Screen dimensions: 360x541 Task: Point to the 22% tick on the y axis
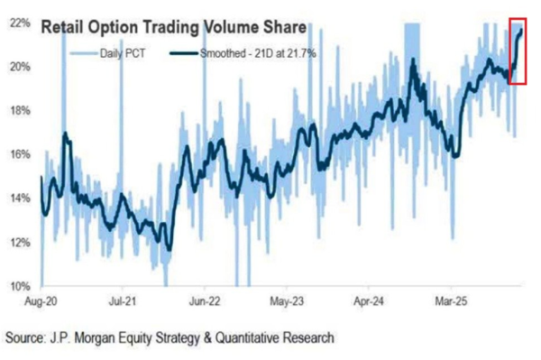pyautogui.click(x=21, y=23)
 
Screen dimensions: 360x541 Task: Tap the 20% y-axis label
pyautogui.click(x=21, y=67)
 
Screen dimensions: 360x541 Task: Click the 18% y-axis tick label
pyautogui.click(x=21, y=111)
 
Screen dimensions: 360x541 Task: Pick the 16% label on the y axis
pyautogui.click(x=21, y=154)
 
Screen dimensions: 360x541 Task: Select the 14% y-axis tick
pyautogui.click(x=21, y=198)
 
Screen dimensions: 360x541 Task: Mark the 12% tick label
pyautogui.click(x=21, y=243)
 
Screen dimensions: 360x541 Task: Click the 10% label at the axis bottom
pyautogui.click(x=21, y=286)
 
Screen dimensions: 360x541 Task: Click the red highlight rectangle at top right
pyautogui.click(x=518, y=51)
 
